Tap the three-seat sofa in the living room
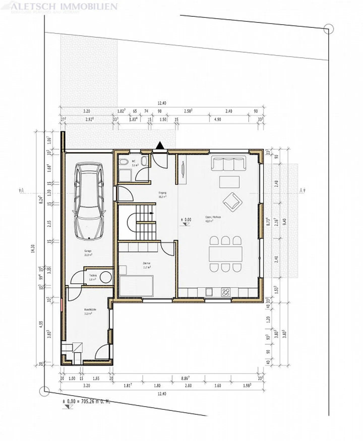click(x=228, y=163)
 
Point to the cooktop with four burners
click(x=226, y=292)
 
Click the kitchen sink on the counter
click(x=209, y=292)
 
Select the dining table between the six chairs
click(x=225, y=254)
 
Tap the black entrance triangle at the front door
click(x=160, y=146)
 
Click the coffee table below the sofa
click(x=229, y=182)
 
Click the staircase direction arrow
click(x=151, y=213)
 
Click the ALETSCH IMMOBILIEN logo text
click(x=64, y=6)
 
